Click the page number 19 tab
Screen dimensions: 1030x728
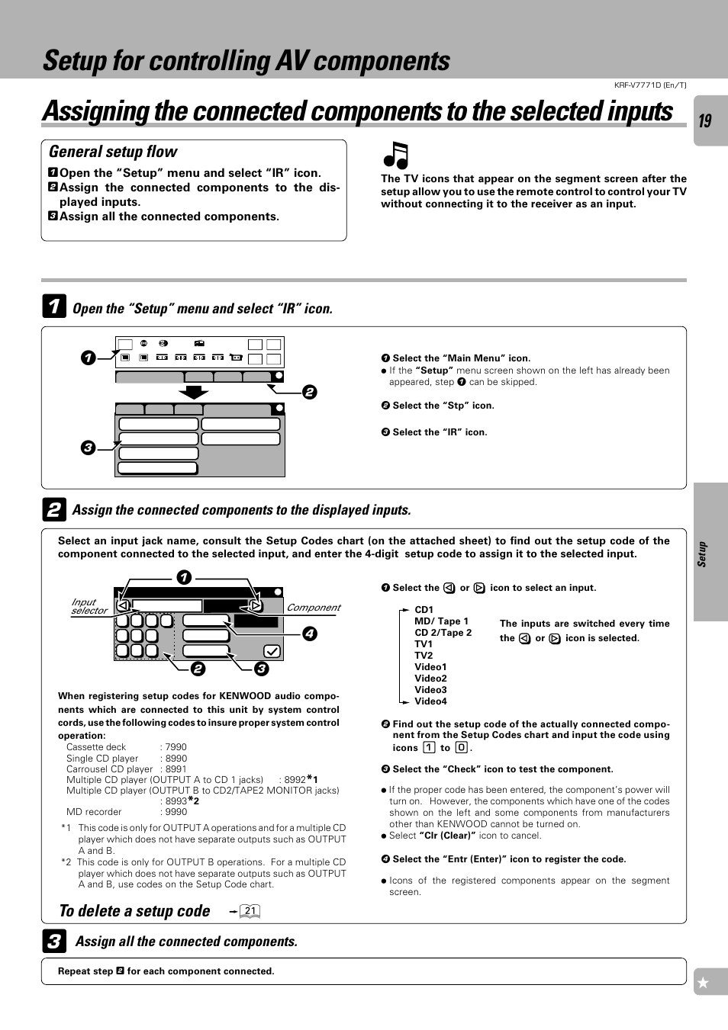pos(706,120)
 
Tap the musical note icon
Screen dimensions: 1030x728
pos(396,156)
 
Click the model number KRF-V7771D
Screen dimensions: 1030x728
pos(649,85)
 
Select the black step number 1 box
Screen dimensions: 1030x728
pos(53,306)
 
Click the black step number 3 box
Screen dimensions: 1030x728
pos(53,942)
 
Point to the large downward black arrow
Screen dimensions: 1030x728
pos(194,392)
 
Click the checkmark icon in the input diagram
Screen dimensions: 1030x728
pos(272,651)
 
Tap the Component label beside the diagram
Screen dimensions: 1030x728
pos(314,608)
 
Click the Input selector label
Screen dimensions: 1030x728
pos(89,606)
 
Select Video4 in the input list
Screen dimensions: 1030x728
pos(430,701)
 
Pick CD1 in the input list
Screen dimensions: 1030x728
pos(424,610)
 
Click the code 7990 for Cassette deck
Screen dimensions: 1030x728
pos(176,747)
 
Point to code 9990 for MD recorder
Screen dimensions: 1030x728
pos(176,812)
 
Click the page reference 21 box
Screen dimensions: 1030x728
pos(250,911)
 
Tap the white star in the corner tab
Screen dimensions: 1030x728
pos(704,983)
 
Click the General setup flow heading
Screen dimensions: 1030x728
pos(113,152)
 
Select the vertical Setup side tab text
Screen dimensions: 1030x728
pos(702,554)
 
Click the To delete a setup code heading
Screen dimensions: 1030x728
pos(134,911)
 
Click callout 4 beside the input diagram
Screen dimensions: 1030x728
pos(309,634)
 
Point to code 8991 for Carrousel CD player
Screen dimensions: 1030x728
pos(176,769)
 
